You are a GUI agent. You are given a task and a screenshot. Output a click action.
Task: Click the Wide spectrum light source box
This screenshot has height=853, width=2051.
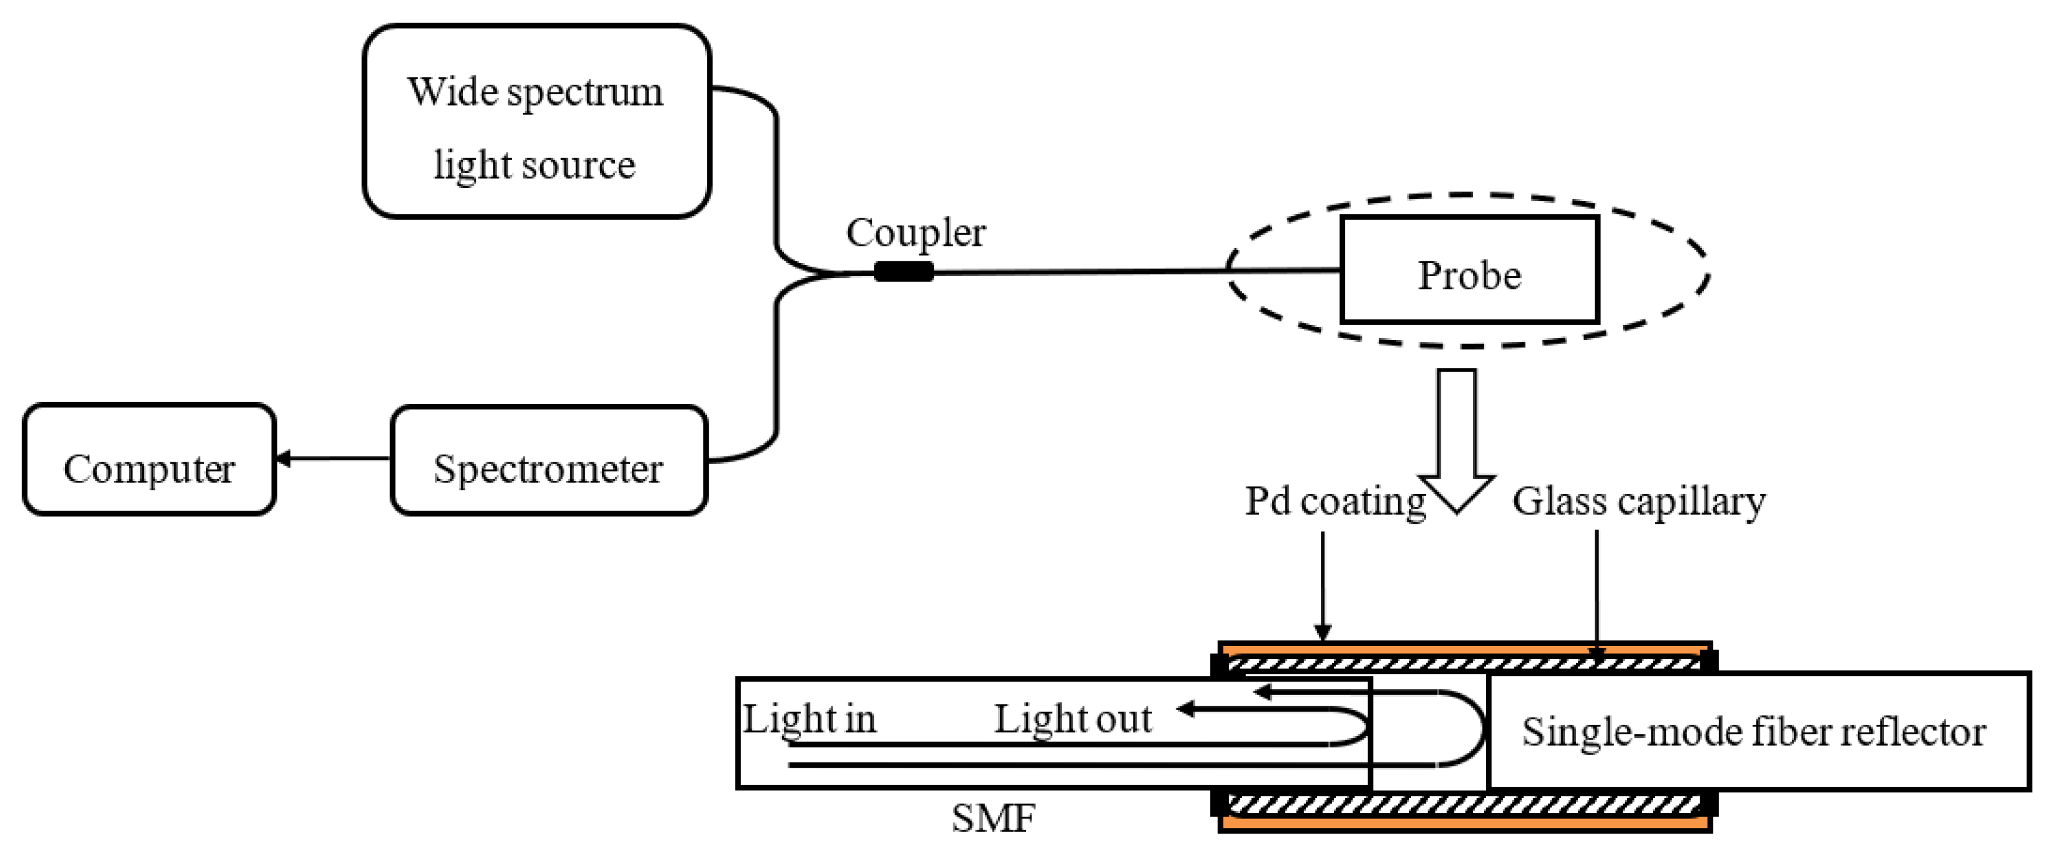point(536,121)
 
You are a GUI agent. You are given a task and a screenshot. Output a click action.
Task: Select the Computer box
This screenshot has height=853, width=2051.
point(149,459)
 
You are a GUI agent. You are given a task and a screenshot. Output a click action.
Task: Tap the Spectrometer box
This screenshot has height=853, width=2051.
point(549,461)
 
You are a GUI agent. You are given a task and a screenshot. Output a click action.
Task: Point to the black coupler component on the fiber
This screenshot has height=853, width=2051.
point(904,271)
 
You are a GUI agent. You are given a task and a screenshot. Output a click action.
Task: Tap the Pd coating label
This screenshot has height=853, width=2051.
point(1335,502)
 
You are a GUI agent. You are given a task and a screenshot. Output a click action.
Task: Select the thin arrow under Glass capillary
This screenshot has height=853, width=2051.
point(1596,594)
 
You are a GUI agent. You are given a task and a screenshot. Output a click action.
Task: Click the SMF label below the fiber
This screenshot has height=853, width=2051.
point(993,818)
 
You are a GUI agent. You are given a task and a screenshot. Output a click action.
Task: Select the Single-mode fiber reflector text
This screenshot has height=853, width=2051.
point(1753,731)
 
